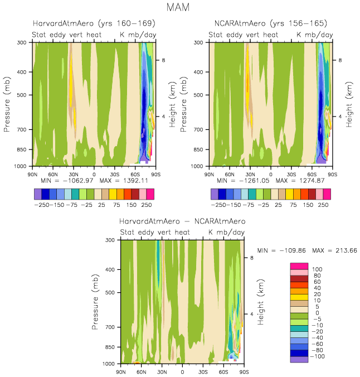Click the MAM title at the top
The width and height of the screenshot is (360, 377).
[180, 8]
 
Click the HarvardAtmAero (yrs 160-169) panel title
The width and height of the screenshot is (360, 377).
[94, 23]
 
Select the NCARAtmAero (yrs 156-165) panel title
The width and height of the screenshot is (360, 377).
[271, 23]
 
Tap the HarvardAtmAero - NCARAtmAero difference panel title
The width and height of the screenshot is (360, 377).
[182, 221]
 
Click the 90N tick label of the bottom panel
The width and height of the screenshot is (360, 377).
[121, 371]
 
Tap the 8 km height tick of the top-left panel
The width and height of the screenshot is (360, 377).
[162, 60]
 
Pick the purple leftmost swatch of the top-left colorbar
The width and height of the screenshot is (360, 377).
[38, 194]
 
